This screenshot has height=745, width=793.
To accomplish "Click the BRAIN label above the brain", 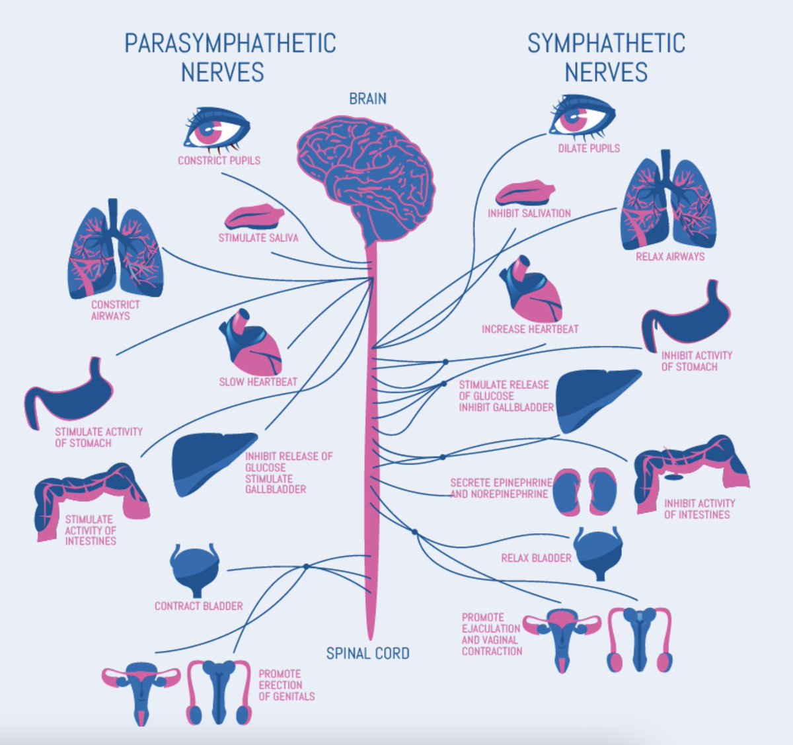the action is coord(367,98).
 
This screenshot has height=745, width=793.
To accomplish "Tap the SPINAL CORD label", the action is coord(367,653).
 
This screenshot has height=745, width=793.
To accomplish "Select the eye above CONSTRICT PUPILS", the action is coord(216,129).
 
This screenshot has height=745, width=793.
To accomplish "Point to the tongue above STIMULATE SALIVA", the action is coord(254,217).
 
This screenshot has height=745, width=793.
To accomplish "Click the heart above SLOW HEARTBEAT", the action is coord(252,344).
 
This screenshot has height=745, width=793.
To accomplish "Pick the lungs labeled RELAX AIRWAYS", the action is coord(667,205).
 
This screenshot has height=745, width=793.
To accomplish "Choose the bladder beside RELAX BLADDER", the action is coord(598,552).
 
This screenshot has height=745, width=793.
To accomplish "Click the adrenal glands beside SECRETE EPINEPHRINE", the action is coord(584,492).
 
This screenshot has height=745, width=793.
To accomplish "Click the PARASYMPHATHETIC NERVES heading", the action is coord(229,58).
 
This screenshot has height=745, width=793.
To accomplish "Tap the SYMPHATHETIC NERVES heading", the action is coord(606,58).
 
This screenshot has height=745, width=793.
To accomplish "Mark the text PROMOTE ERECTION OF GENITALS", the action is coord(286,685).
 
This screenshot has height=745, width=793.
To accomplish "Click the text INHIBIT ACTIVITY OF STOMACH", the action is coord(697,360).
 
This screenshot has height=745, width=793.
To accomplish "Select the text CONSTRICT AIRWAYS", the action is coord(115,310).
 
